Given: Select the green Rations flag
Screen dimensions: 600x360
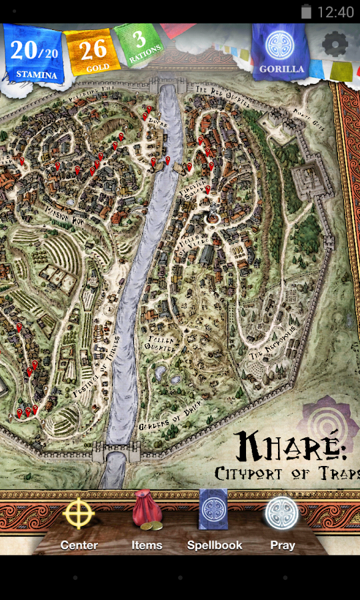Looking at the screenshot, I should point(138,47).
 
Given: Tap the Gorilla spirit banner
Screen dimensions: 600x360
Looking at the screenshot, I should point(281,52).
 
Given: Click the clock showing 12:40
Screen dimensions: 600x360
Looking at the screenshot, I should point(336,11).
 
